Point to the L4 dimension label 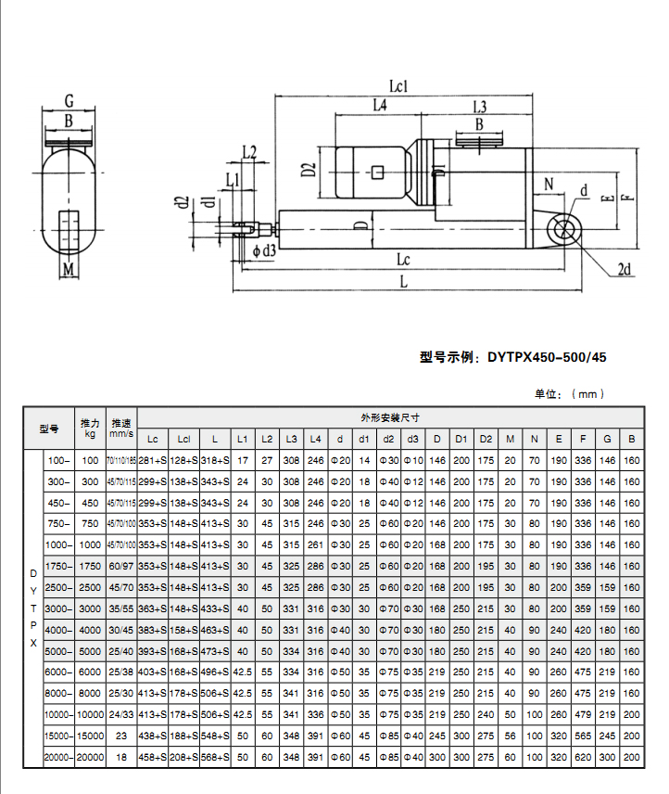[378, 107]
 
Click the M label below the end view [68, 270]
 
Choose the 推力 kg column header [90, 428]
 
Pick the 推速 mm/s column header [120, 428]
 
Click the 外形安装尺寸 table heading [383, 417]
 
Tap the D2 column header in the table [486, 438]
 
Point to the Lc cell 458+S [153, 758]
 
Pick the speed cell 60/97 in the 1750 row [120, 566]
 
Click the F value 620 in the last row [583, 758]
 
